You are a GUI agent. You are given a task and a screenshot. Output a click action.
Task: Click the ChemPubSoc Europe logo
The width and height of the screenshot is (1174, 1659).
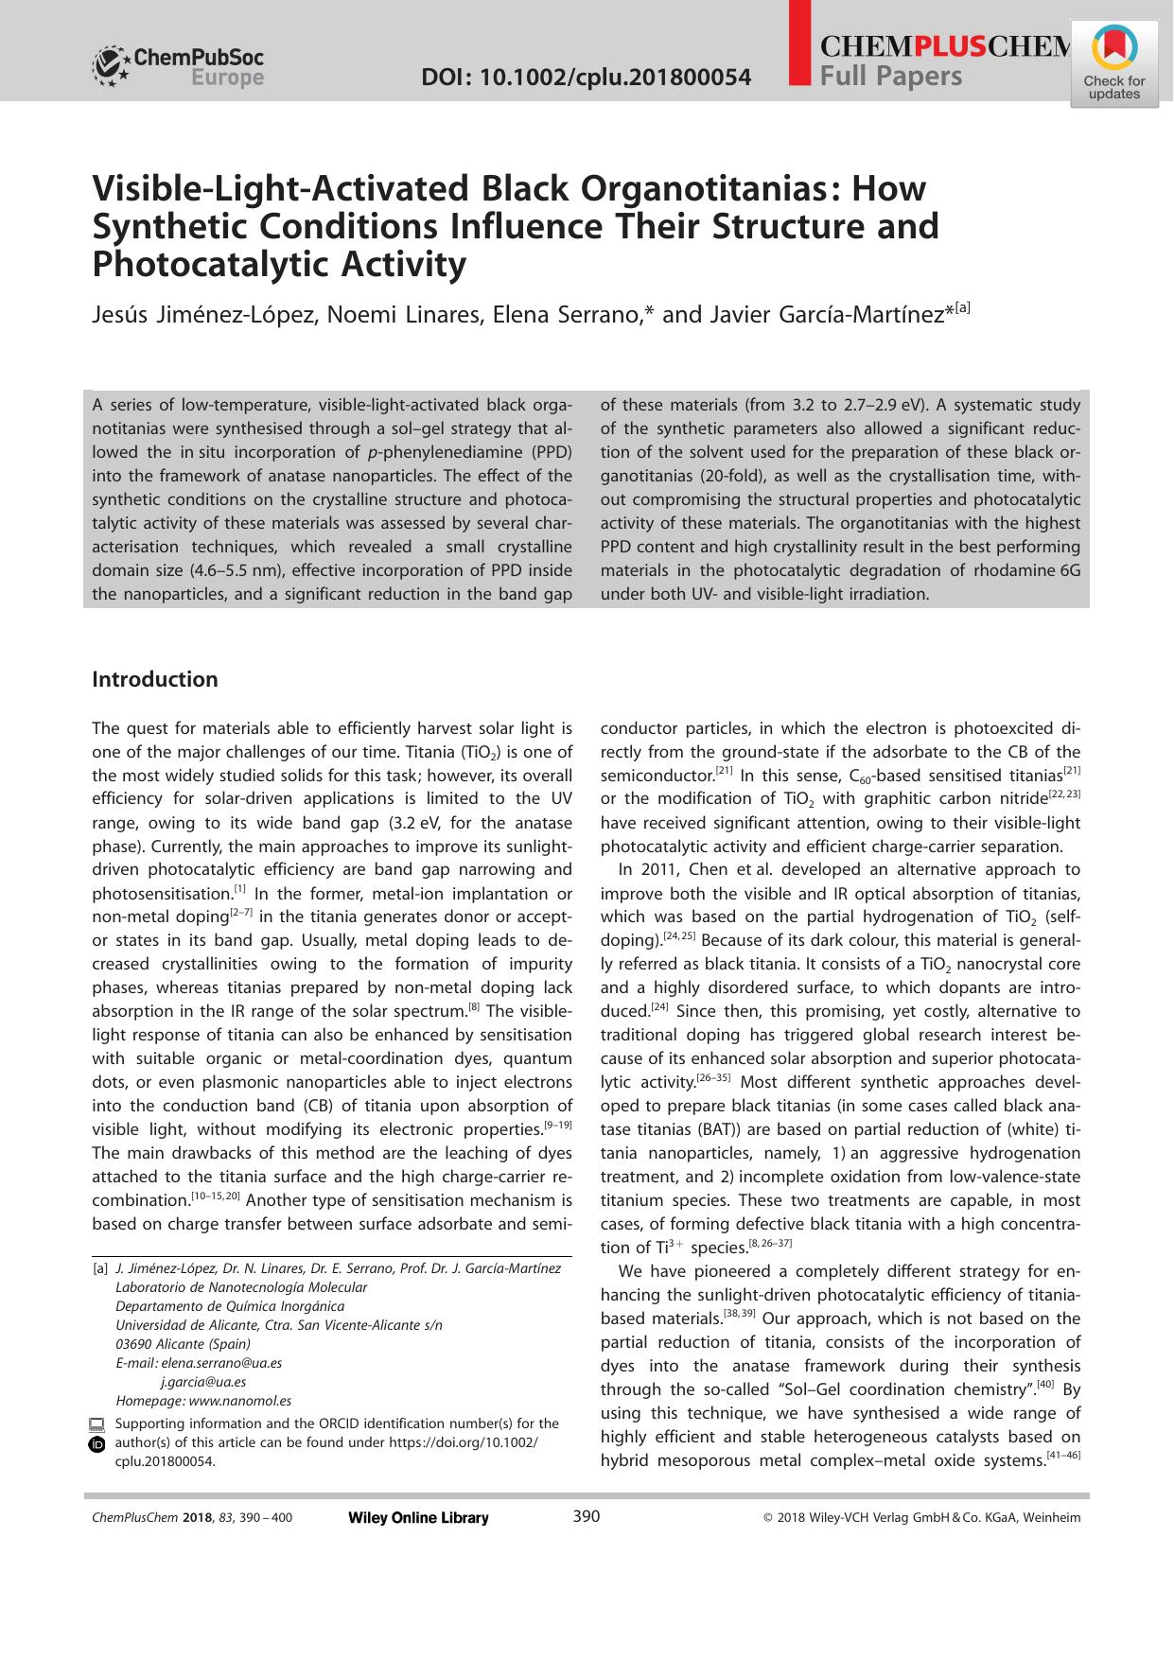[x=178, y=67]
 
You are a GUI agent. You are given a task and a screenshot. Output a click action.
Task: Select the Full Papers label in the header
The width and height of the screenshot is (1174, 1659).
[x=890, y=77]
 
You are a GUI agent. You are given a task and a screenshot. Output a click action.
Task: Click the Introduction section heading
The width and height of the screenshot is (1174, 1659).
[x=154, y=679]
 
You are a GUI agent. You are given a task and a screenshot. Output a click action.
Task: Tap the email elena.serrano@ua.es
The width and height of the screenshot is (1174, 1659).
[x=221, y=1363]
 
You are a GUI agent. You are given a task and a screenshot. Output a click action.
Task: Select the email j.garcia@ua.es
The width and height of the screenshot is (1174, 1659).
[x=202, y=1382]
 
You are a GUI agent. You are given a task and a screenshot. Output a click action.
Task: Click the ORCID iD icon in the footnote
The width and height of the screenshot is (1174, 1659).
[x=96, y=1444]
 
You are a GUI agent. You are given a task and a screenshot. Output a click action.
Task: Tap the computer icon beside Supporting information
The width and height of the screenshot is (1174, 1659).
[x=96, y=1424]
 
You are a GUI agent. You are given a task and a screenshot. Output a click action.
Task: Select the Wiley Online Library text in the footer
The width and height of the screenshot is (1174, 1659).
[x=418, y=1518]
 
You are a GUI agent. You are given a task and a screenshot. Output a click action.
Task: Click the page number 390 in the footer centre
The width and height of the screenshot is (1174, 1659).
[x=587, y=1517]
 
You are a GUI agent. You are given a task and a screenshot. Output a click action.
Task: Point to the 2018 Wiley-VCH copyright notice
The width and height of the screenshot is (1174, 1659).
[x=921, y=1518]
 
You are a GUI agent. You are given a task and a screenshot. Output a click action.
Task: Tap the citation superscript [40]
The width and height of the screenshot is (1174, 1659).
[x=1044, y=1385]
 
